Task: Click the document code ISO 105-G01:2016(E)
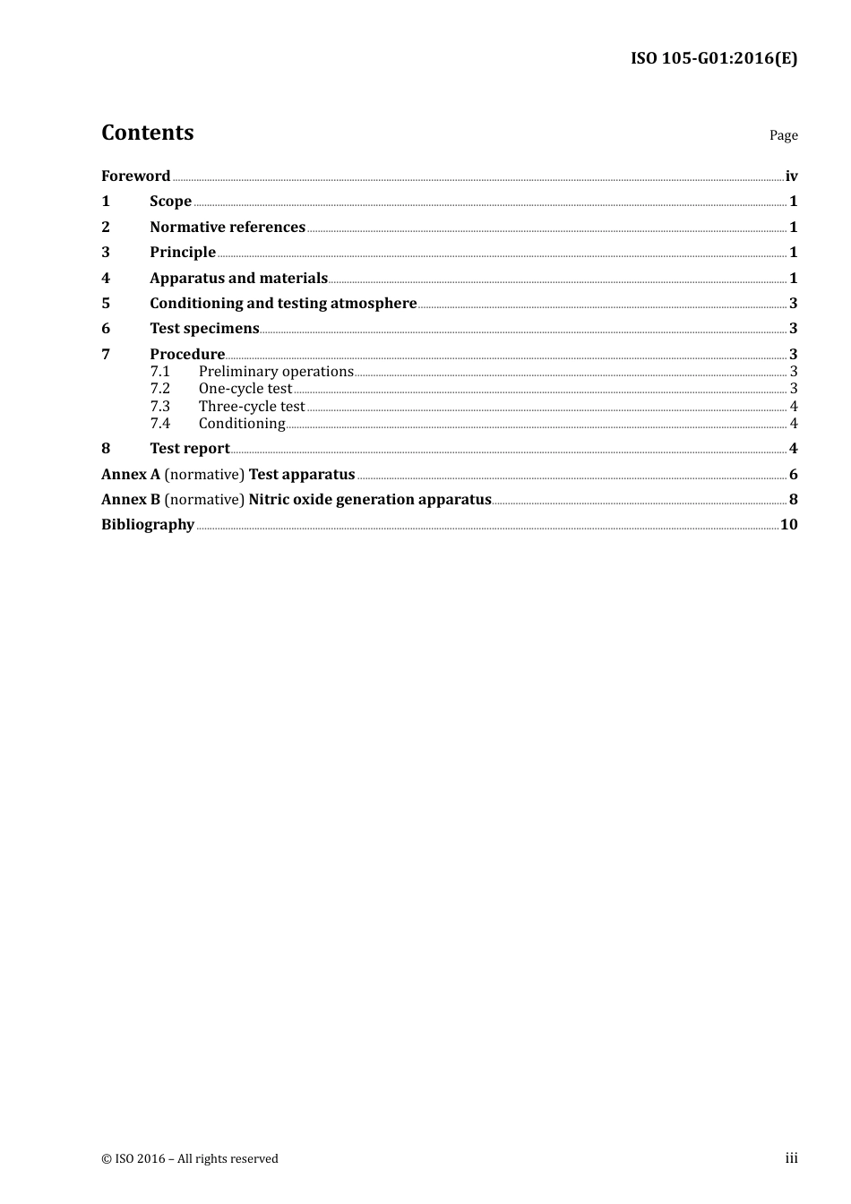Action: [713, 59]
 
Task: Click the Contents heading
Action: [147, 133]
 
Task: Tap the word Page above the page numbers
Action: [783, 135]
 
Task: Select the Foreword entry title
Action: [135, 176]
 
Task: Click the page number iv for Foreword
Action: [791, 176]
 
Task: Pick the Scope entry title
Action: [170, 202]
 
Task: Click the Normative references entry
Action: [228, 228]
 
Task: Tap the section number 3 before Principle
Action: [106, 253]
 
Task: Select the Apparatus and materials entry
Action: [238, 279]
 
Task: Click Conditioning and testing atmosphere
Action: [283, 304]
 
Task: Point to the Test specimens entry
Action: [204, 329]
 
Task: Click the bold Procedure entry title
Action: [187, 355]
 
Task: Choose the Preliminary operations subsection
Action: [276, 372]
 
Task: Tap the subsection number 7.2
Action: [159, 389]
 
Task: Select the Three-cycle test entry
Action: [252, 407]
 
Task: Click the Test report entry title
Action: [190, 449]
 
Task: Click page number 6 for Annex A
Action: [793, 475]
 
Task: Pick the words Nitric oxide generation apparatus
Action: [370, 500]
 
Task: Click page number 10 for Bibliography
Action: [788, 525]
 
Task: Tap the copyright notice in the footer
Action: [190, 1159]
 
